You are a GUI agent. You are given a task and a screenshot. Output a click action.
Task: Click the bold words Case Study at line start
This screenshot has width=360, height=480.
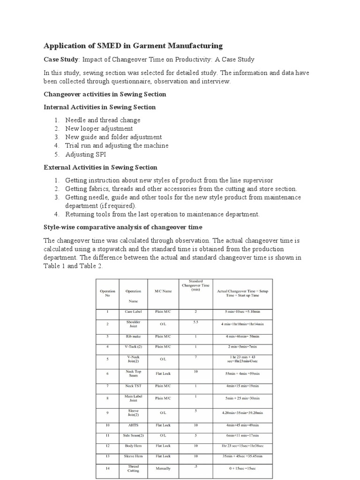60,60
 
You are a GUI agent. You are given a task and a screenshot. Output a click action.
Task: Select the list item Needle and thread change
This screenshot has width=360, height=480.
103,120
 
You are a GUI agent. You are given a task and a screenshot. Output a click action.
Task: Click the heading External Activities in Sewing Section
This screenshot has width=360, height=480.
100,167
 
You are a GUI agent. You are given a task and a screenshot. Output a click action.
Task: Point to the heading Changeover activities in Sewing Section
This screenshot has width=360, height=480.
105,94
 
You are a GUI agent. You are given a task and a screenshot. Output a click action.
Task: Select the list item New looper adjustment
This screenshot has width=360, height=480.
99,128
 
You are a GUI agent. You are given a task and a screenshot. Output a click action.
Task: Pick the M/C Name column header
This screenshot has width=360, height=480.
163,291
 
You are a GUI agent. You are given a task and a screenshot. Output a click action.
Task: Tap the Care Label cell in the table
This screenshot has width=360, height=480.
133,311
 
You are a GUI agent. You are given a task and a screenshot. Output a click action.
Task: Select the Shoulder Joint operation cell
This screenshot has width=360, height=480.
133,324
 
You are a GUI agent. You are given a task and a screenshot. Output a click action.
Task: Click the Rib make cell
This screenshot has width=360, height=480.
133,337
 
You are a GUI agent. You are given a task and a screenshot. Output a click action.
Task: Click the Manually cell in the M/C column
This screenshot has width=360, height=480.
163,468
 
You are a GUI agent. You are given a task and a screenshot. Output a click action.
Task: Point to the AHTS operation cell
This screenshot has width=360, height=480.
133,425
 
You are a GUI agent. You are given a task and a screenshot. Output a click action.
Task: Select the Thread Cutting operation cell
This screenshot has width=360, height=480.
133,468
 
